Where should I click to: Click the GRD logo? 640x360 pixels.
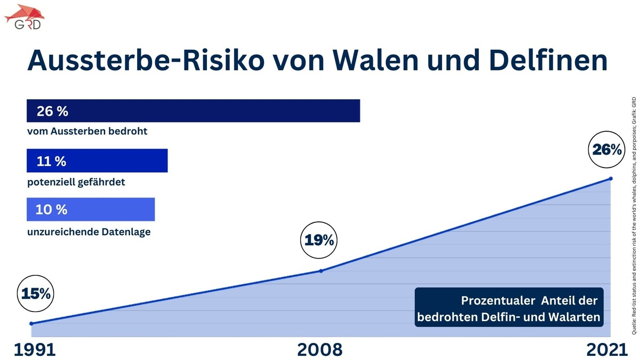pyautogui.click(x=25, y=17)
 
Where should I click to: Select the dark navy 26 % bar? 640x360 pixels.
pyautogui.click(x=193, y=111)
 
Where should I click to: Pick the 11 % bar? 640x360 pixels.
pyautogui.click(x=97, y=161)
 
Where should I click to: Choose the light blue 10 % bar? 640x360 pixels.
pyautogui.click(x=91, y=210)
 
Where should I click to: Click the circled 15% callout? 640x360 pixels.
pyautogui.click(x=36, y=293)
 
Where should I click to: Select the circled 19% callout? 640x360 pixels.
pyautogui.click(x=319, y=241)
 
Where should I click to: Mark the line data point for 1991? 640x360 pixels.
pyautogui.click(x=31, y=323)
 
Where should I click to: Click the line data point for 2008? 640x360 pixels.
pyautogui.click(x=321, y=270)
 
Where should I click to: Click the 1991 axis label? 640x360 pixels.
pyautogui.click(x=35, y=349)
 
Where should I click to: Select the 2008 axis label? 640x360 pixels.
pyautogui.click(x=319, y=349)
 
